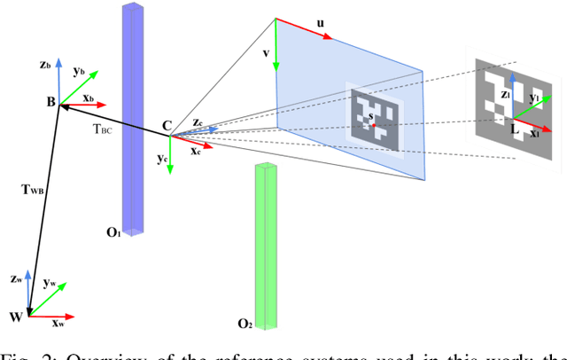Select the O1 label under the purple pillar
coord(113,232)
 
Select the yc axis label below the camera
coord(162,159)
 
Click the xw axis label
coord(58,325)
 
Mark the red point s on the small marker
coord(373,125)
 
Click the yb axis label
coord(80,71)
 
